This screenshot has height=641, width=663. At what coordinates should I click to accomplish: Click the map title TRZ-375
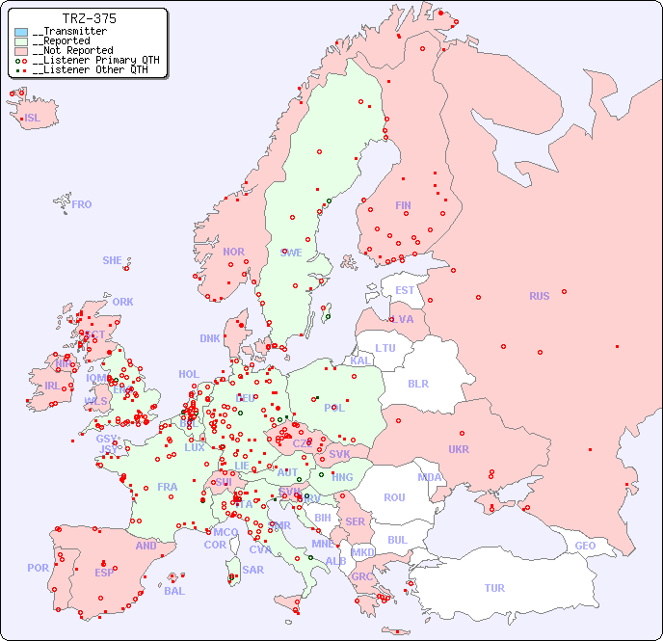point(89,18)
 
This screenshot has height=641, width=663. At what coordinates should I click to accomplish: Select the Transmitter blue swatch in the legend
point(21,32)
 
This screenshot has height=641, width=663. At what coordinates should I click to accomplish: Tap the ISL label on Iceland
point(33,119)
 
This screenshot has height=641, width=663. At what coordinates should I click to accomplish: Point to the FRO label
point(82,204)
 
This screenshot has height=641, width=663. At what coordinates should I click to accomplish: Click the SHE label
point(113,260)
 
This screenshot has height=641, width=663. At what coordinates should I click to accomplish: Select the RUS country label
point(539,296)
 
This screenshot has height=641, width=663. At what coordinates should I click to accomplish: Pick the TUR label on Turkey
point(494,588)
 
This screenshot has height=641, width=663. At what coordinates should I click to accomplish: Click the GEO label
point(585,546)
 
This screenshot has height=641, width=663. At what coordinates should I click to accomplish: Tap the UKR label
point(459,449)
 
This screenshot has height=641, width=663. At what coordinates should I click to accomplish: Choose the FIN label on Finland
point(403,205)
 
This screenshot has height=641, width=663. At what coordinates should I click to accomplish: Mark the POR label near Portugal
point(38,568)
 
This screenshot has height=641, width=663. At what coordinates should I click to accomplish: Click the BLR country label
point(418,383)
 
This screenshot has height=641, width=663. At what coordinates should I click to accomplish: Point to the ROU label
point(394,497)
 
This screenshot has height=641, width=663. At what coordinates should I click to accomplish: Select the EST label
point(405,290)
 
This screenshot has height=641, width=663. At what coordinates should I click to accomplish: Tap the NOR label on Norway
point(233,252)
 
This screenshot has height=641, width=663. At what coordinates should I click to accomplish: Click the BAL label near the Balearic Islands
point(173,591)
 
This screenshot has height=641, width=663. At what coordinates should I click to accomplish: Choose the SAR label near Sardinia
point(252,570)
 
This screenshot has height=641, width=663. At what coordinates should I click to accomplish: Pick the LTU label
point(385,348)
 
